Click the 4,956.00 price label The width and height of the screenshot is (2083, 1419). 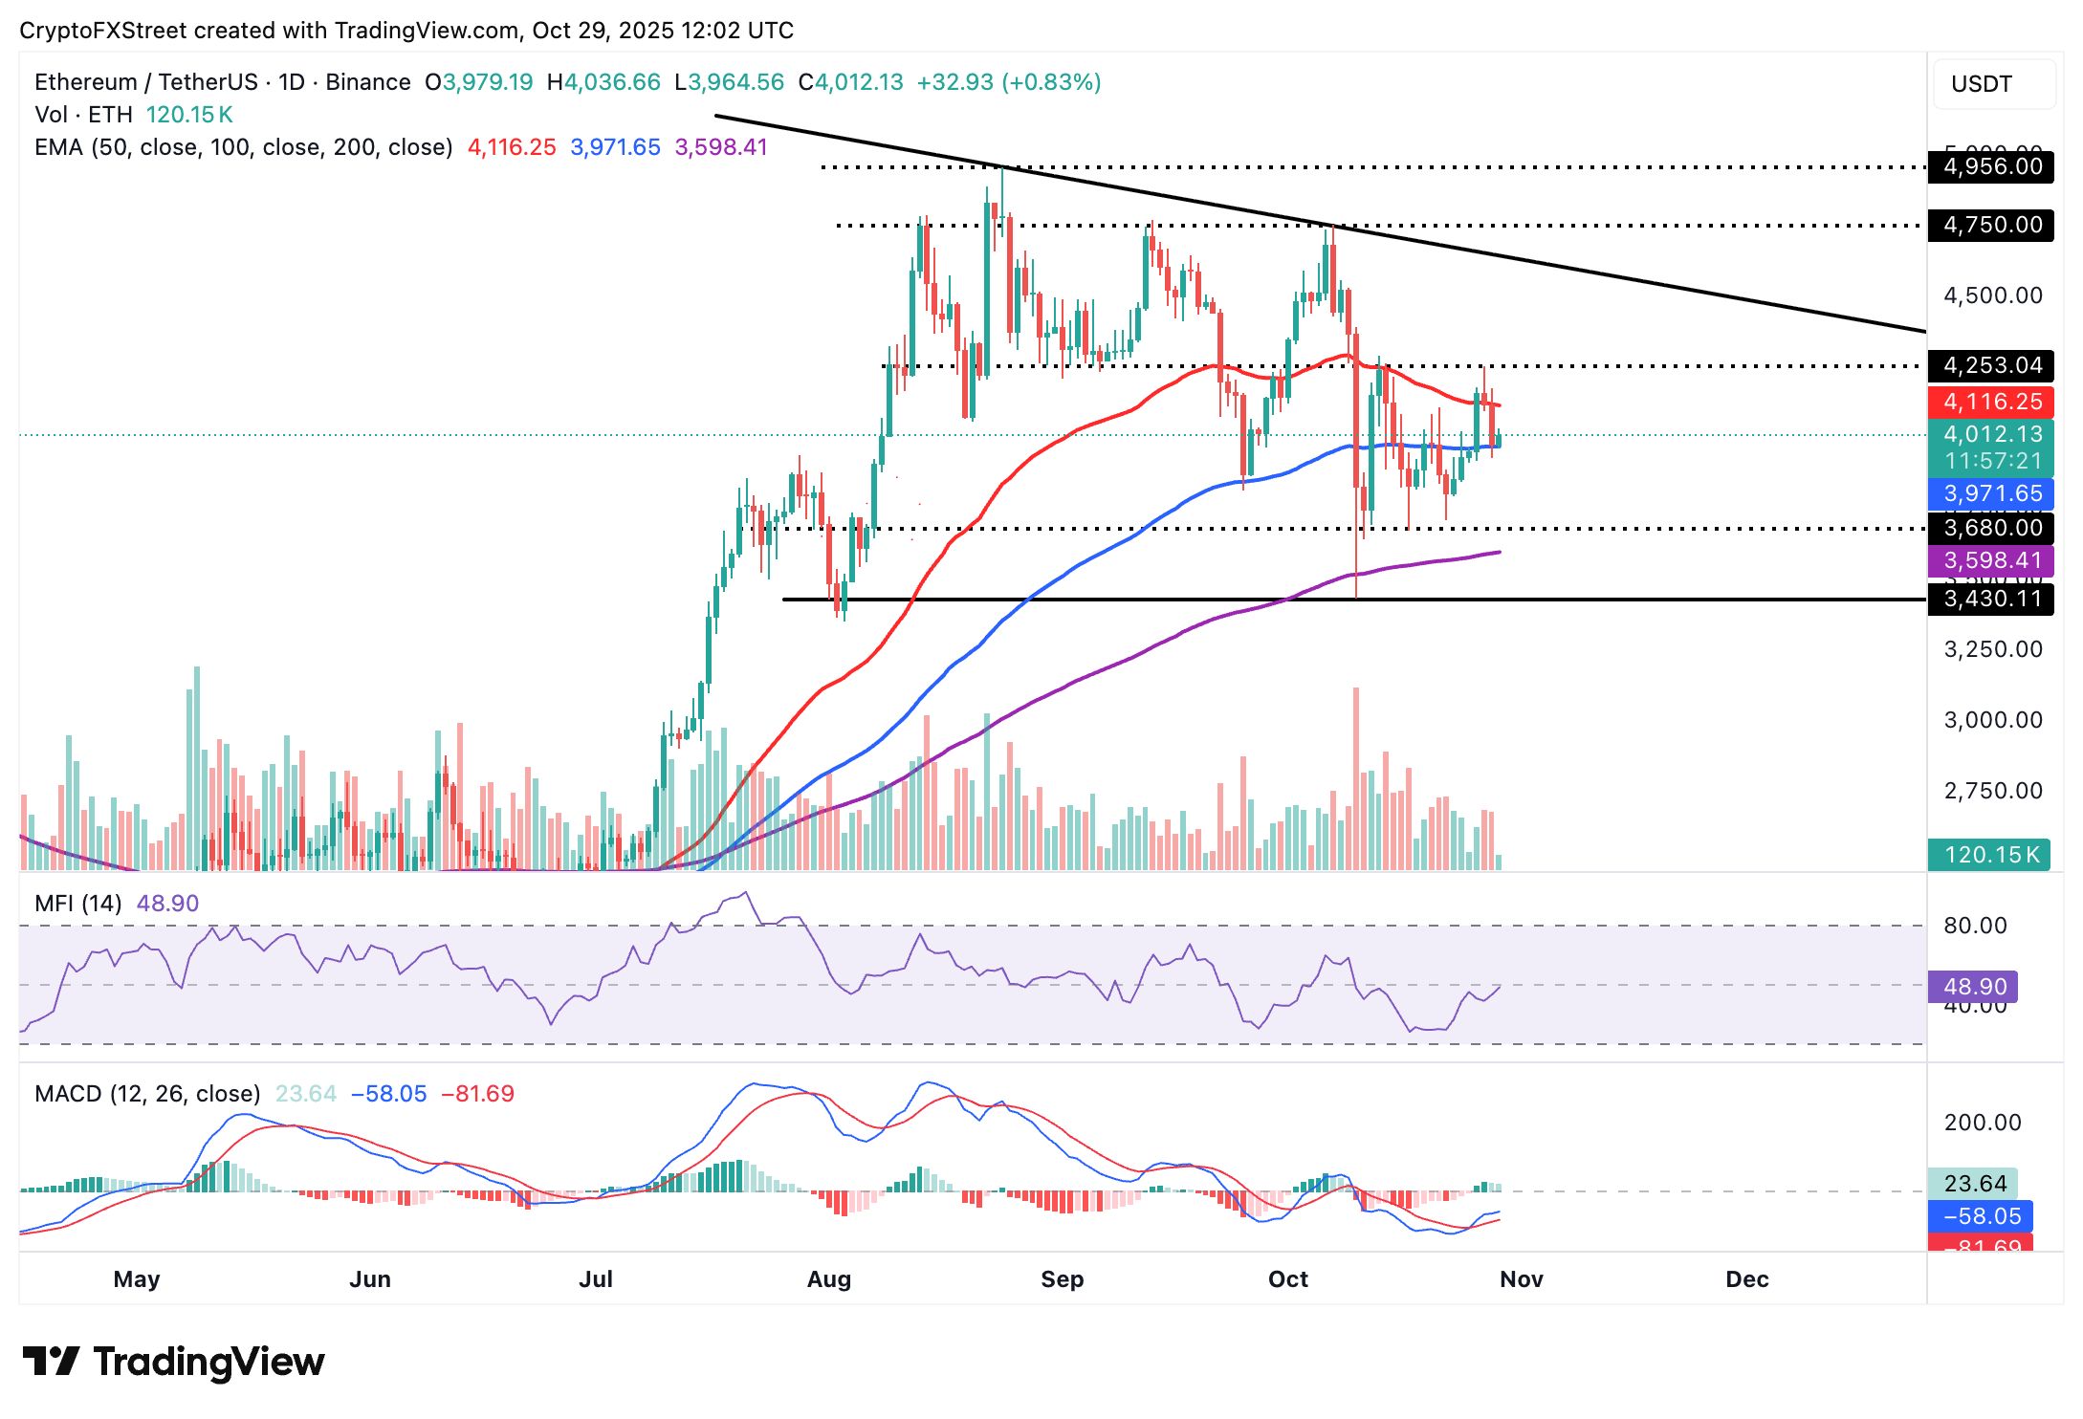click(x=1991, y=167)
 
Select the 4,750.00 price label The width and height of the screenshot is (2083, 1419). click(x=1991, y=226)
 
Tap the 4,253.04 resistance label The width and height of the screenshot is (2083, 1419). click(x=1991, y=365)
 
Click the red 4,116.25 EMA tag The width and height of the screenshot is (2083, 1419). click(x=1991, y=402)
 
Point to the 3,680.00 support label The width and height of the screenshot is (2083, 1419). click(x=1991, y=528)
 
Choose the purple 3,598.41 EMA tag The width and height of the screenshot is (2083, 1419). click(x=1991, y=560)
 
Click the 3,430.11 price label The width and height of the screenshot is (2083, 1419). click(x=1991, y=600)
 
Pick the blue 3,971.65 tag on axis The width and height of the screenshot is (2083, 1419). click(x=1991, y=493)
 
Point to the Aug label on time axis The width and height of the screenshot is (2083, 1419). click(x=829, y=1279)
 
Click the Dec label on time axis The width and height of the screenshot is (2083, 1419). click(x=1747, y=1279)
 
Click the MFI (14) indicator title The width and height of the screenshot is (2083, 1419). click(x=78, y=904)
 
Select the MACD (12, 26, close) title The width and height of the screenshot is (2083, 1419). click(x=147, y=1094)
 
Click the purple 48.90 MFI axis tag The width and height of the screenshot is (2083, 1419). click(x=1974, y=986)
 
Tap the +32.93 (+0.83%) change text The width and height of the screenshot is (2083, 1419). click(x=1009, y=82)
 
